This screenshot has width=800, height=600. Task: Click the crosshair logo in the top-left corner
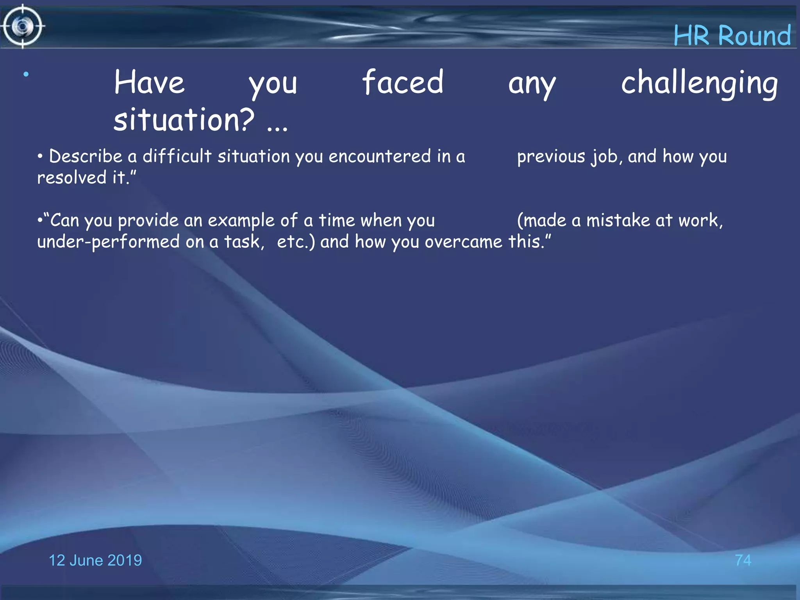(x=23, y=26)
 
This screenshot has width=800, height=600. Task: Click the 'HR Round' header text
(x=732, y=36)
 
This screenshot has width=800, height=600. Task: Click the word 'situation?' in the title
(x=184, y=120)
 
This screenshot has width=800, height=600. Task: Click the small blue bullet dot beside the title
(x=26, y=74)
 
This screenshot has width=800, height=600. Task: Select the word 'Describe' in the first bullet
(x=86, y=156)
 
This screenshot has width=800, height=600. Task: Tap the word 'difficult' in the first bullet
(x=177, y=156)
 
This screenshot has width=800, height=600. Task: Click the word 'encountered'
(x=379, y=156)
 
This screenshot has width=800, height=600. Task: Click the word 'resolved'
(x=72, y=178)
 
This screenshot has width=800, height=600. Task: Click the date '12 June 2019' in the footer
(x=95, y=561)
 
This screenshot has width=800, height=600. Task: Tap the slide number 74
(x=743, y=561)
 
